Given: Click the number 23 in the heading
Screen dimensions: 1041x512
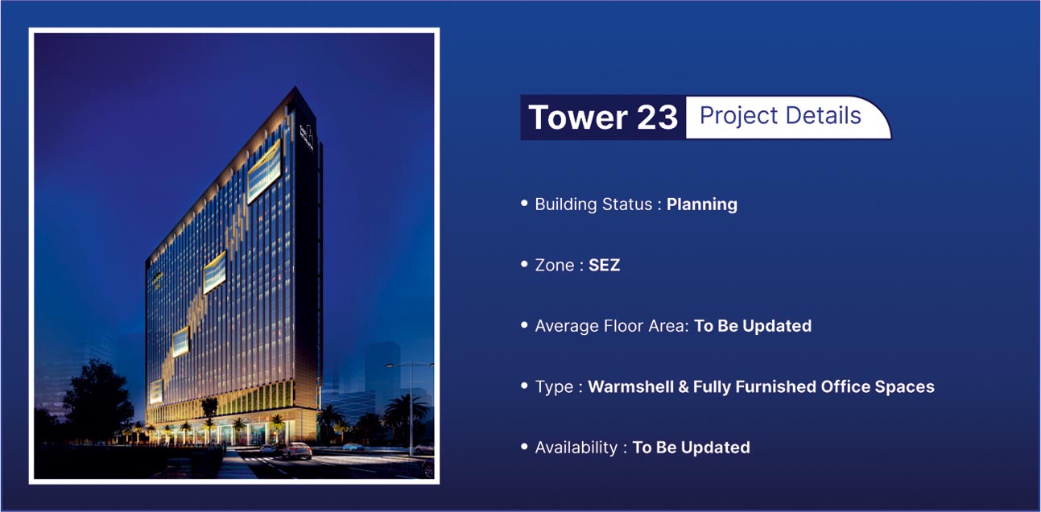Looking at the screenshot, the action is pyautogui.click(x=657, y=117).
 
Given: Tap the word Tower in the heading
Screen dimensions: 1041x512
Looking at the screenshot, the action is pyautogui.click(x=578, y=117).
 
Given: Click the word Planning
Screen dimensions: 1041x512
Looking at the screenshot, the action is pyautogui.click(x=702, y=205).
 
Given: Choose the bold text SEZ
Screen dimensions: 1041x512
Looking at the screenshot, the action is pyautogui.click(x=604, y=265).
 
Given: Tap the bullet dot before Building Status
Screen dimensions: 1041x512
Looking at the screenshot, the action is pyautogui.click(x=525, y=203).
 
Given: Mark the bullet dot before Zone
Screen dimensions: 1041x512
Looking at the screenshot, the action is pyautogui.click(x=525, y=264).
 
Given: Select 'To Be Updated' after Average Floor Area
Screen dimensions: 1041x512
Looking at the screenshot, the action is pyautogui.click(x=753, y=326).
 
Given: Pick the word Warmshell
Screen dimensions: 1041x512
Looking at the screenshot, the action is pyautogui.click(x=630, y=386).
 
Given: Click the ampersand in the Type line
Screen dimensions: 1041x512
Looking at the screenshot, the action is pyautogui.click(x=684, y=386).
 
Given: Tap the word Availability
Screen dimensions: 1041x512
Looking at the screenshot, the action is pyautogui.click(x=576, y=448).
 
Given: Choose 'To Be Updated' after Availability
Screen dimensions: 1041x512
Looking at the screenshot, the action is pyautogui.click(x=692, y=448).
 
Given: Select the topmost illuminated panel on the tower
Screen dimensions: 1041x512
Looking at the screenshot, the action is pyautogui.click(x=264, y=171).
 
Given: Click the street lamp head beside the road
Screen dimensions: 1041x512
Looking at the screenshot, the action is pyautogui.click(x=390, y=365).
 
